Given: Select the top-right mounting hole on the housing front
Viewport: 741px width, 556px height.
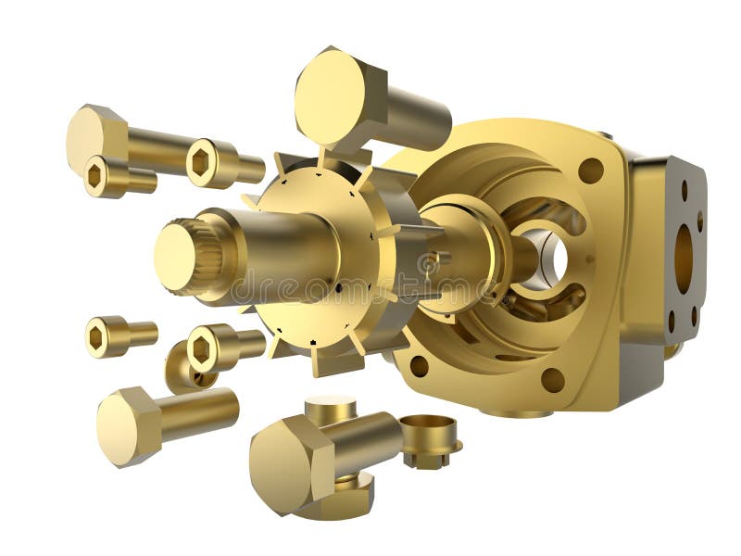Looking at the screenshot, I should pos(590,171).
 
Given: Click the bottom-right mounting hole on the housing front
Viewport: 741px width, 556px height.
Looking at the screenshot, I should pos(553,380).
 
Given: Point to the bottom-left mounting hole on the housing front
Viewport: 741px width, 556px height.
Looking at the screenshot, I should pos(419,366).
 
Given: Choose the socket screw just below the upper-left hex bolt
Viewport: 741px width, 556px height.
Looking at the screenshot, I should pos(97,176).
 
